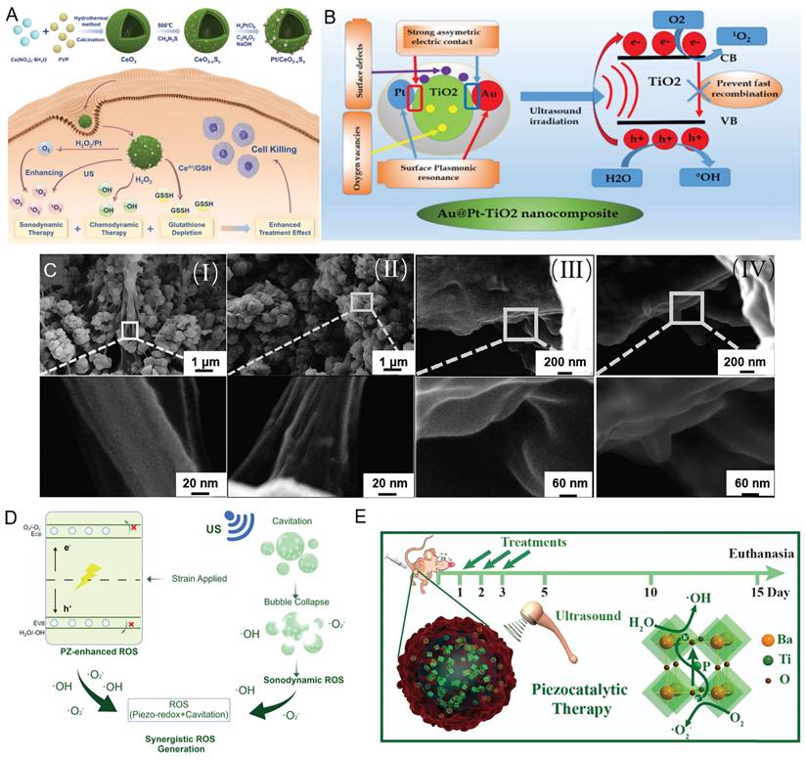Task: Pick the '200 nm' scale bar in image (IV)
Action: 746,364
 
